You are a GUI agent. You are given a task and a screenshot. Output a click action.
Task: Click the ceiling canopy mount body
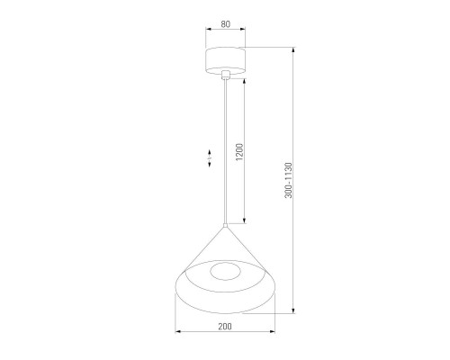tap(225, 61)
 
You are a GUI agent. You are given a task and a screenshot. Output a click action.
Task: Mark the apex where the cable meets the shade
tap(225, 225)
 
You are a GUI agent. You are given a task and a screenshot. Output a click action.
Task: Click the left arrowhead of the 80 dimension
tap(206, 34)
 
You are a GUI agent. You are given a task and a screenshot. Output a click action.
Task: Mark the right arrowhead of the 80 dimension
tap(245, 34)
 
